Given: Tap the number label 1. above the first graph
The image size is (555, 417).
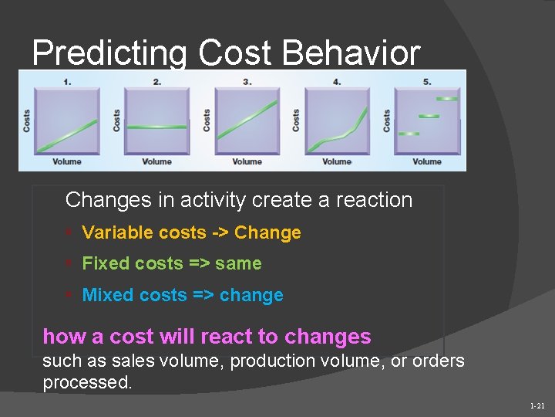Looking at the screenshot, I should pos(68,82).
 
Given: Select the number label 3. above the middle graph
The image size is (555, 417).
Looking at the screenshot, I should pos(247,82).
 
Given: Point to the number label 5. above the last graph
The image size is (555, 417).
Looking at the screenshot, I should pos(427,82).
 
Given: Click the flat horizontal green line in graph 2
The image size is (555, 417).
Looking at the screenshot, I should pos(157,127).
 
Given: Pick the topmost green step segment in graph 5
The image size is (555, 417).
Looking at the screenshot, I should pos(446,99).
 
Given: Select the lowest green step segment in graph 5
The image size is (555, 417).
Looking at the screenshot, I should pos(409,134).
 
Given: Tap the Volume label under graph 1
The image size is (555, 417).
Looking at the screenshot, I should pos(67,161).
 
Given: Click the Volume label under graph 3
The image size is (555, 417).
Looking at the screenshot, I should pos(247,161).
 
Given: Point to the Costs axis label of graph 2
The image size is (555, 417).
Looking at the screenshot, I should pos(117,120).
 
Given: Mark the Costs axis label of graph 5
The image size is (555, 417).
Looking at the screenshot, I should pos(386,120).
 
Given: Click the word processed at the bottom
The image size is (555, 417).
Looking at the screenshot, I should pos(87,383).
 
